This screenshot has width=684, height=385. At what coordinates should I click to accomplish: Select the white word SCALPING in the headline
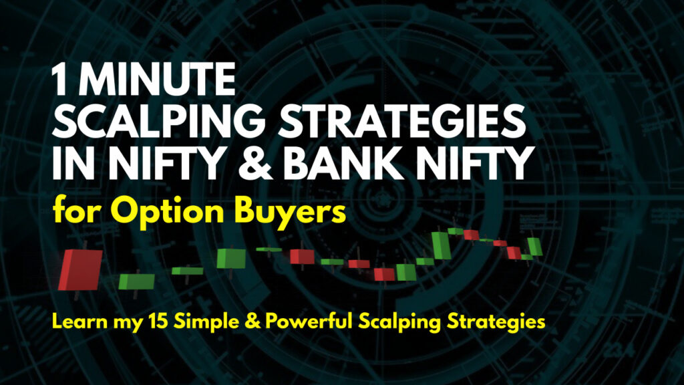coord(158,122)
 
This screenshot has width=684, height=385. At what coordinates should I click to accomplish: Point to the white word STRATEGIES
coord(401,122)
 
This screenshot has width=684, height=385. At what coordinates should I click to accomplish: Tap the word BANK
coord(343,163)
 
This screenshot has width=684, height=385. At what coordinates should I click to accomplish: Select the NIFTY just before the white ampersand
coord(166,163)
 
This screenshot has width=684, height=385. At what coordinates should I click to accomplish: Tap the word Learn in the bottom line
coord(79,322)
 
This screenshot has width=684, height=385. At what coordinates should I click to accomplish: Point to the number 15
coord(158,322)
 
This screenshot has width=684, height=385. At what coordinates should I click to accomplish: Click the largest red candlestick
coord(81,269)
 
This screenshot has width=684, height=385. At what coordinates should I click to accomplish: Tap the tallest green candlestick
coord(441,246)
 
